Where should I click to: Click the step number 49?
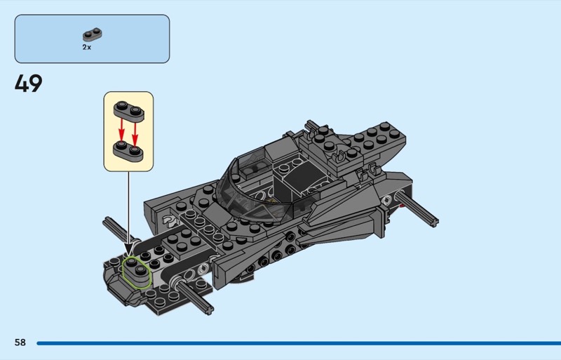click(28, 84)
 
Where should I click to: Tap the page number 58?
click(20, 342)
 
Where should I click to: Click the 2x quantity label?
click(86, 47)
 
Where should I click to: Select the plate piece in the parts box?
click(93, 34)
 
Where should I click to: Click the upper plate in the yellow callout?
click(129, 110)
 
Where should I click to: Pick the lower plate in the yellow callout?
click(128, 152)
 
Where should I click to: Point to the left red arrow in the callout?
click(121, 130)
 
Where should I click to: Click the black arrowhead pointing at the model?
click(129, 248)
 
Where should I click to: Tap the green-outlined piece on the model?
click(136, 272)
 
